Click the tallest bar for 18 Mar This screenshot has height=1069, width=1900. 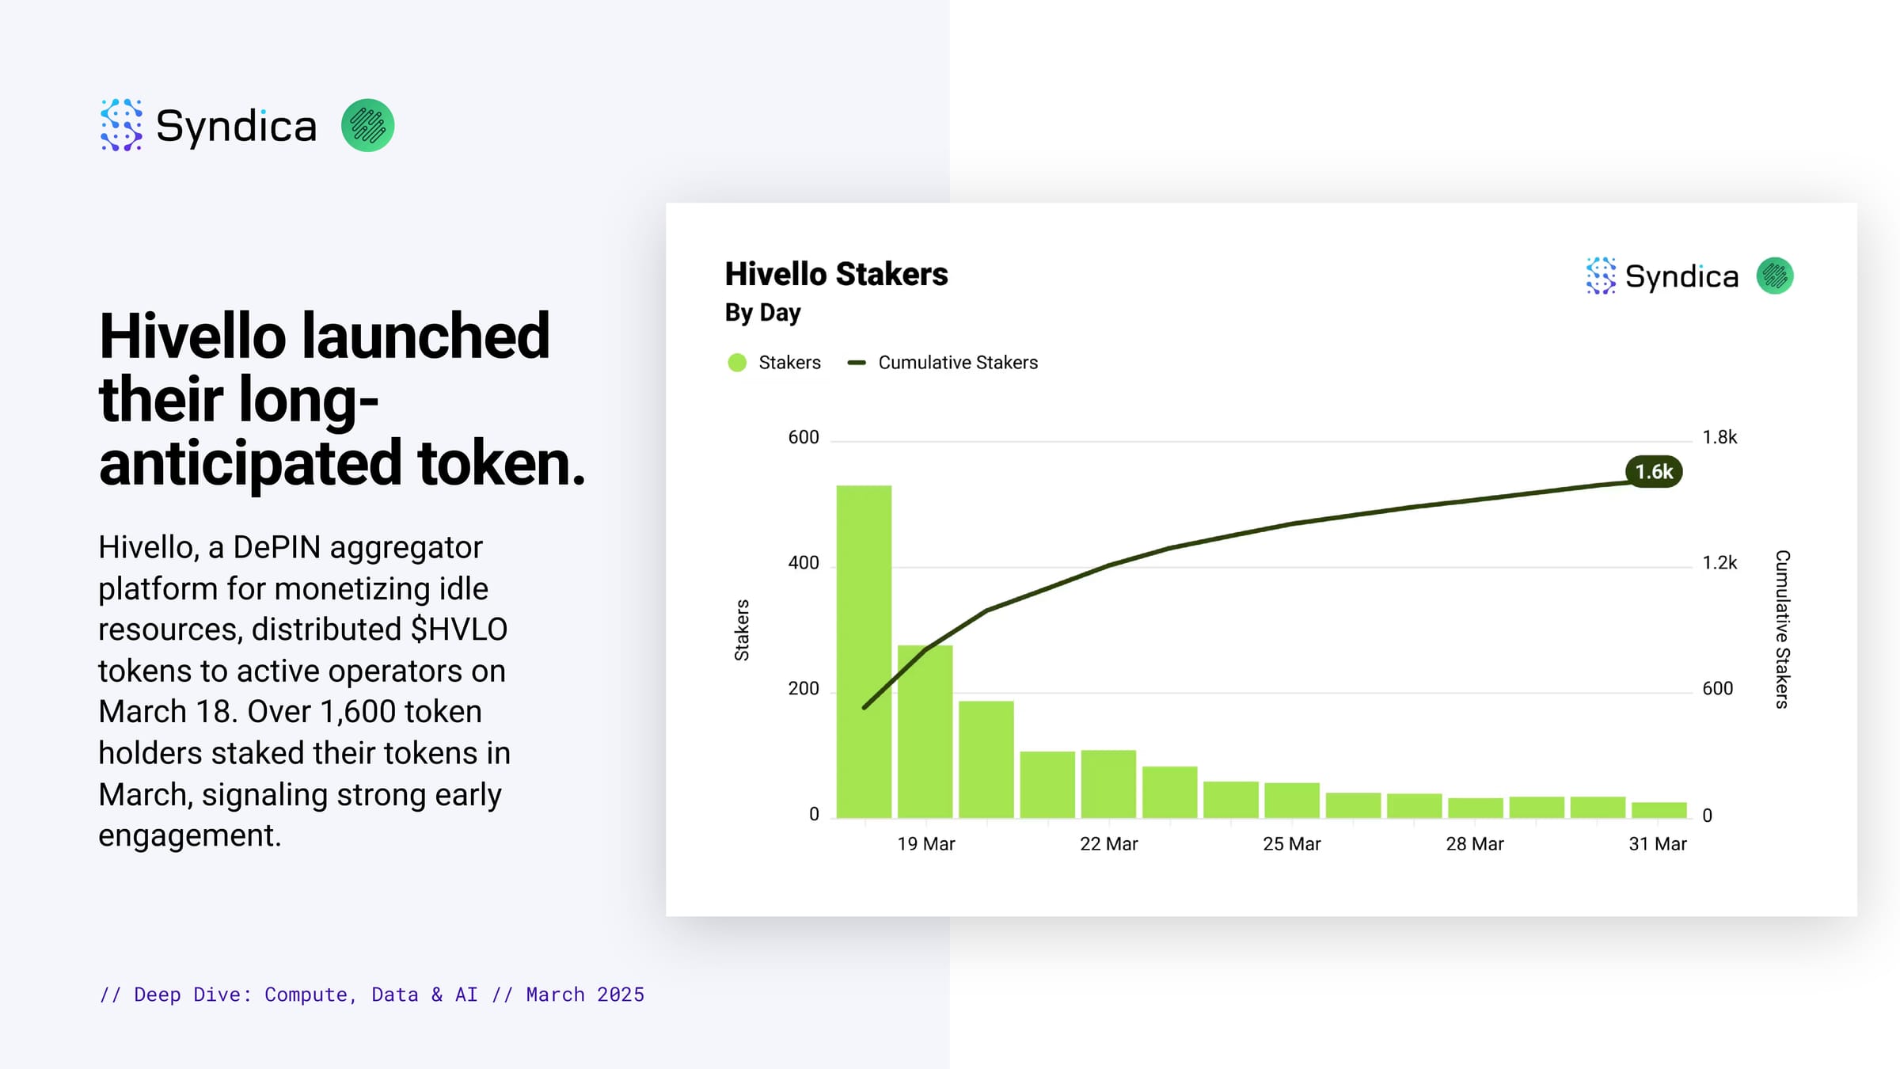pyautogui.click(x=864, y=651)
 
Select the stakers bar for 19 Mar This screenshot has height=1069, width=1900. pyautogui.click(x=925, y=731)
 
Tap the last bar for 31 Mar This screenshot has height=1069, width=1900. pyautogui.click(x=1659, y=809)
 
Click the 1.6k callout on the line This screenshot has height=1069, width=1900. pyautogui.click(x=1654, y=472)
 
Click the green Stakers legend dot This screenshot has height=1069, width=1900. pyautogui.click(x=737, y=363)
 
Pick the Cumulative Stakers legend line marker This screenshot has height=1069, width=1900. pyautogui.click(x=857, y=363)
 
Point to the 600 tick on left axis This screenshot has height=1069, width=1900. pyautogui.click(x=804, y=437)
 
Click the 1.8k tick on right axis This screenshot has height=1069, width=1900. pyautogui.click(x=1719, y=437)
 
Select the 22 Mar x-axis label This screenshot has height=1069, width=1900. pyautogui.click(x=1108, y=844)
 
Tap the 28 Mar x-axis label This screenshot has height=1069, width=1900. pyautogui.click(x=1474, y=844)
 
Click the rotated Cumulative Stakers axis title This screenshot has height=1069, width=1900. pyautogui.click(x=1782, y=630)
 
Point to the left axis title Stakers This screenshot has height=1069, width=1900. pyautogui.click(x=742, y=630)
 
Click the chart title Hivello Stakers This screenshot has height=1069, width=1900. pyautogui.click(x=836, y=274)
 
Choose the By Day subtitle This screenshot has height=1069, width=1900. pyautogui.click(x=762, y=313)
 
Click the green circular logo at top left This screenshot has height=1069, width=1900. pyautogui.click(x=368, y=125)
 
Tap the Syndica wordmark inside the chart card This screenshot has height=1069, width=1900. pyautogui.click(x=1681, y=276)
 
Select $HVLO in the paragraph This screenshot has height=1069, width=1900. pyautogui.click(x=459, y=630)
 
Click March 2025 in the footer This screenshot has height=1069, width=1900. pyautogui.click(x=585, y=995)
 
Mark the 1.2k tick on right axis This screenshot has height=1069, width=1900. pyautogui.click(x=1719, y=563)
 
